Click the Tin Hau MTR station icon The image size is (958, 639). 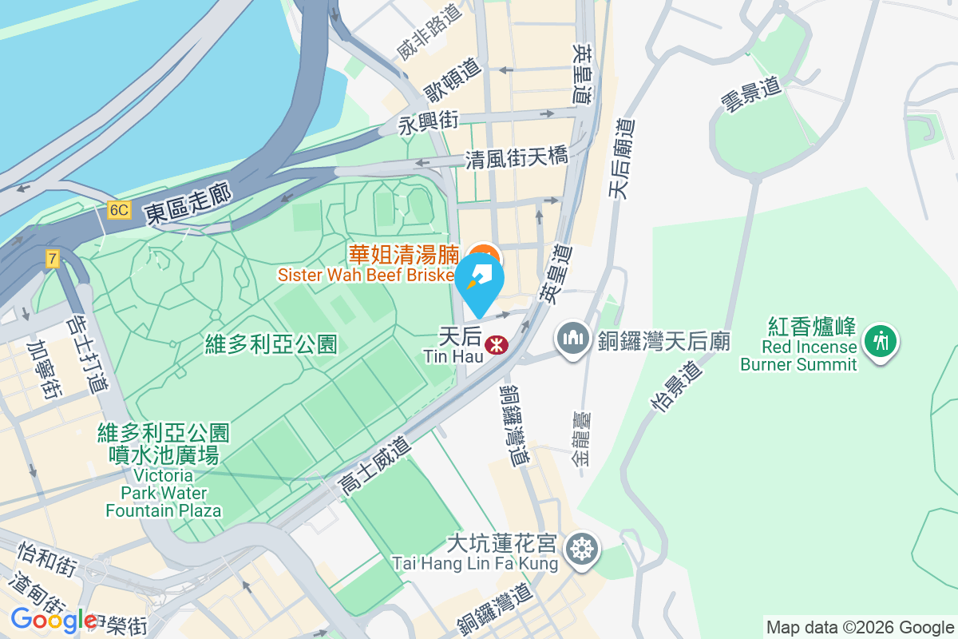[x=497, y=345]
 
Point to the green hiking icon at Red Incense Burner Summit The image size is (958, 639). [x=881, y=341]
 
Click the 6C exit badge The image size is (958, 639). [x=119, y=210]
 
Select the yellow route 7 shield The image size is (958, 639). [x=53, y=258]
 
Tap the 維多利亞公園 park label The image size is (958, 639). [x=271, y=344]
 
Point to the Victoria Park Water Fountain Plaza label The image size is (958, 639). [x=164, y=471]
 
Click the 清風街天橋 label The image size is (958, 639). [x=517, y=157]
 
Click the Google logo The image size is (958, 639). [x=53, y=620]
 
